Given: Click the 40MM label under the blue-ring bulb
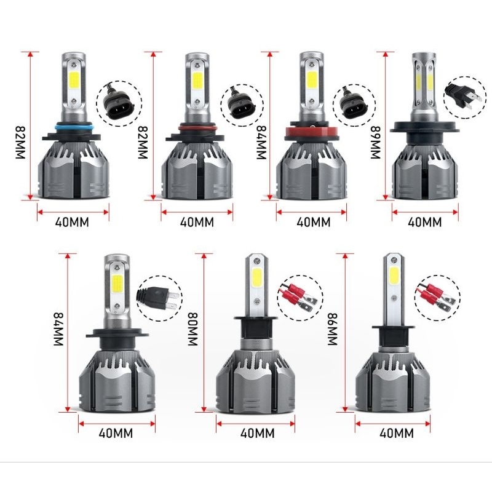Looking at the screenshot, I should [x=72, y=222].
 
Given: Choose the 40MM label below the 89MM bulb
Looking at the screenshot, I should [x=425, y=222].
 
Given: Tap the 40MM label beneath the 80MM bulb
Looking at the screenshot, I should [x=257, y=434].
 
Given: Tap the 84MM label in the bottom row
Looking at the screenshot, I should [x=60, y=329].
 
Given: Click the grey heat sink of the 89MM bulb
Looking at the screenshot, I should [x=425, y=169].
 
